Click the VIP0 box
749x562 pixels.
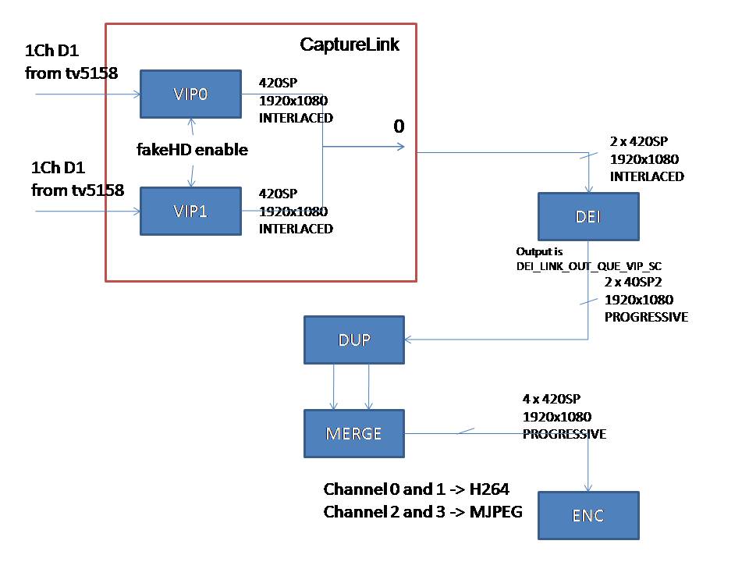pos(190,94)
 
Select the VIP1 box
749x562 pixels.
pos(190,212)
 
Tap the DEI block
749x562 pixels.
pos(588,216)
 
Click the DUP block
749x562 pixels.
pos(354,340)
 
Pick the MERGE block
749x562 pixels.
pos(354,433)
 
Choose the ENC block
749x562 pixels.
pos(588,516)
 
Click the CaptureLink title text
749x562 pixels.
pos(350,44)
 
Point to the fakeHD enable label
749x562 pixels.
pos(192,150)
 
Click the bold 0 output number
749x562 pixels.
pos(399,126)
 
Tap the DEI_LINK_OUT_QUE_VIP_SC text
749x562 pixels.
pos(589,266)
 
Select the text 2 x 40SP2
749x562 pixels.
pos(633,282)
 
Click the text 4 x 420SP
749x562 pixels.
pos(552,399)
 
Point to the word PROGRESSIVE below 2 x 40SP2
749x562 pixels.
pos(646,317)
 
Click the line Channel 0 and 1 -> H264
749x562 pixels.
pos(416,489)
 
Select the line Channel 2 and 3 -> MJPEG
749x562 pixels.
pos(423,512)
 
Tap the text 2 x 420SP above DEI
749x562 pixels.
pos(639,141)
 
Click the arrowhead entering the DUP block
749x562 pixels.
pos(407,340)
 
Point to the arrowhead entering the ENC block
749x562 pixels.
pos(588,488)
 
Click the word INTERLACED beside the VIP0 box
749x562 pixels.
pos(296,118)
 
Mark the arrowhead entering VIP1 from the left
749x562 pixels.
pos(137,211)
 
